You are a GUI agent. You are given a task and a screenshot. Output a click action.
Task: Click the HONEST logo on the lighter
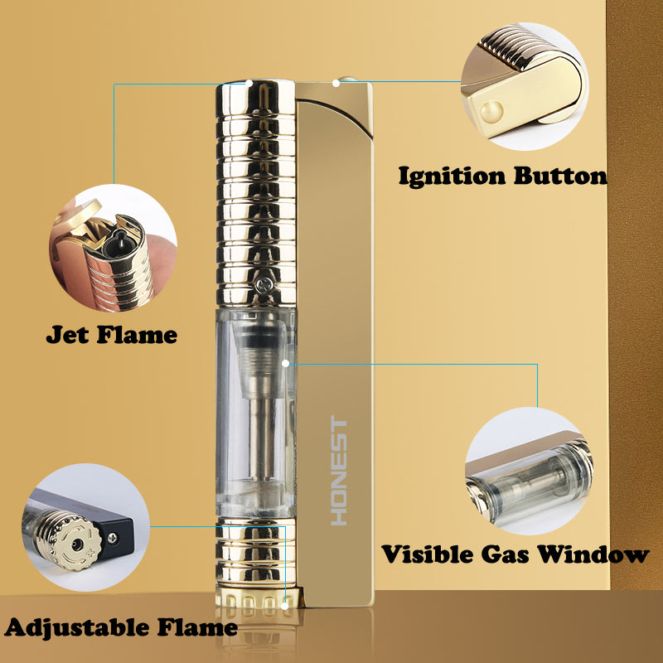click(x=339, y=471)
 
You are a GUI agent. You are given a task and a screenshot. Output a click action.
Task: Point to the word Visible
click(x=427, y=554)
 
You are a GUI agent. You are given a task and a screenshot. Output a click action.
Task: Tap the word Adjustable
click(x=76, y=628)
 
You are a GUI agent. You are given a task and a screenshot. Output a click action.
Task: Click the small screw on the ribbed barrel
click(x=264, y=284)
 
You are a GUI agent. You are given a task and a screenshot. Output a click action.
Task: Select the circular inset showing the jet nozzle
click(x=114, y=248)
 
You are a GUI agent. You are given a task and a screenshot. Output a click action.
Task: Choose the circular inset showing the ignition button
click(x=525, y=86)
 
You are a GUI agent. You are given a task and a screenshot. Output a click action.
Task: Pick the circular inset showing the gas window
click(x=529, y=471)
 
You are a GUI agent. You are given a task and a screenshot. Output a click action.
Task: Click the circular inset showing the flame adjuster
click(x=86, y=527)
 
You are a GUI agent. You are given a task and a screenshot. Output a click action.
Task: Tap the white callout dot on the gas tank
click(x=285, y=363)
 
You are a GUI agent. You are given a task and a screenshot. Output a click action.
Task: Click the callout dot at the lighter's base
click(x=285, y=606)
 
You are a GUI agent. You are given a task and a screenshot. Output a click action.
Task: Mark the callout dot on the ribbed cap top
click(x=249, y=84)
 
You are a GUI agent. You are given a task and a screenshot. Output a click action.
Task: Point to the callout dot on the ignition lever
click(x=336, y=84)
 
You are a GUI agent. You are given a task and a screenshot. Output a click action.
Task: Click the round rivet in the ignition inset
click(x=491, y=112)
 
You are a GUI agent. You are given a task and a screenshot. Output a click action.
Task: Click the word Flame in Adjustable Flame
click(x=197, y=627)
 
